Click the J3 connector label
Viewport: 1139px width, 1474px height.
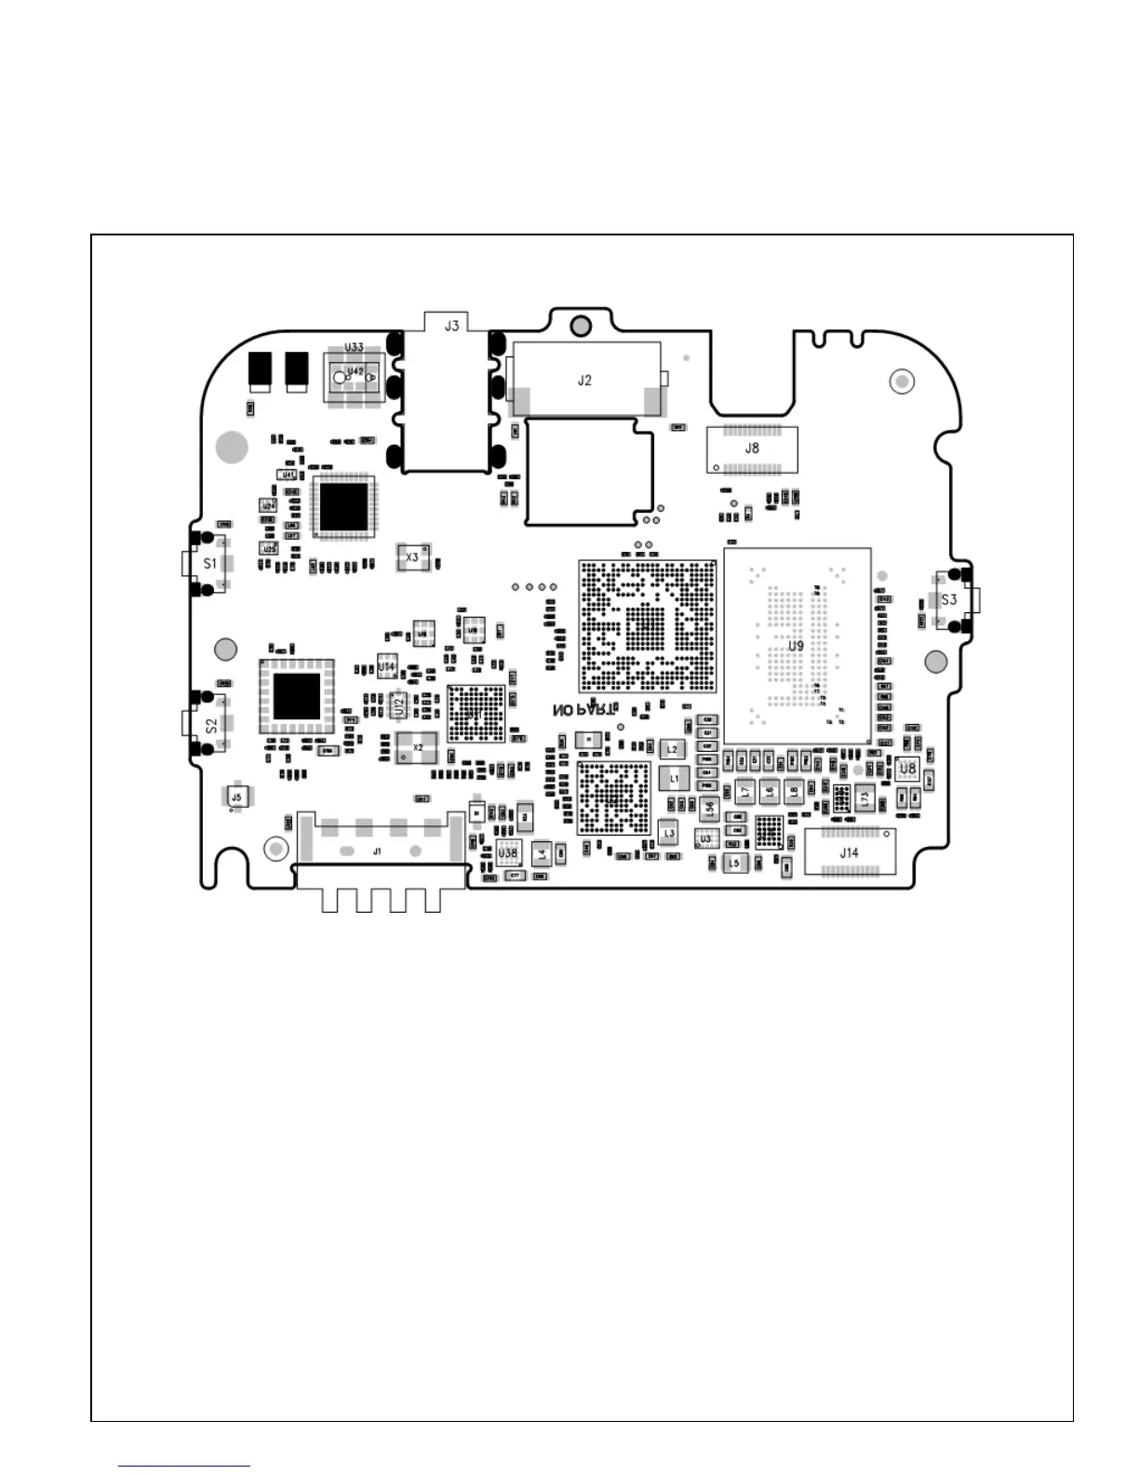click(451, 326)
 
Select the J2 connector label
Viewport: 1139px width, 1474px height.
click(584, 380)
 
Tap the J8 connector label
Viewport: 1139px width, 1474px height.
click(752, 448)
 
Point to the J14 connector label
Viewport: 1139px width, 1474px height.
click(849, 852)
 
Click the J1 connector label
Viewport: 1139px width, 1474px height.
click(377, 851)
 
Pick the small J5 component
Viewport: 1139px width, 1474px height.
click(236, 797)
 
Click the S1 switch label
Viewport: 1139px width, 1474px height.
click(210, 563)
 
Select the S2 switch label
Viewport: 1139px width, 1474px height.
click(211, 724)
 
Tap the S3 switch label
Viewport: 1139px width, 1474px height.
click(948, 599)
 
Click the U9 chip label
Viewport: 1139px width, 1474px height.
click(796, 646)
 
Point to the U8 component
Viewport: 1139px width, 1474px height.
click(907, 769)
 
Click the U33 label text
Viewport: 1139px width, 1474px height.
click(355, 347)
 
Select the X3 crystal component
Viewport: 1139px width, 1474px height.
click(411, 557)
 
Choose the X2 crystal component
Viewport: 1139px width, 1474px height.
click(417, 747)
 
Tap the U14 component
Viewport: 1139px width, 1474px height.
click(386, 667)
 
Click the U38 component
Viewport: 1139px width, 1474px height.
click(507, 852)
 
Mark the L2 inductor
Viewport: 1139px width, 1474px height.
click(672, 749)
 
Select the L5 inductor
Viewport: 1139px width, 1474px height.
click(733, 864)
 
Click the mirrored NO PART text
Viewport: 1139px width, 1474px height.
click(583, 710)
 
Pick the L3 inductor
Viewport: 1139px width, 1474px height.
click(668, 834)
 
